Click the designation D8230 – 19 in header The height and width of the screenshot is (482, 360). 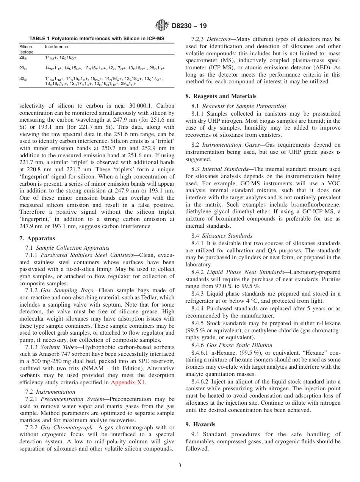[x=188, y=26]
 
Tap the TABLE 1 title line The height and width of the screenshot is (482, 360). [x=97, y=39]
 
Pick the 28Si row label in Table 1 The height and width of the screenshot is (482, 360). [x=23, y=58]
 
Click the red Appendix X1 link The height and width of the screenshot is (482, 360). [x=128, y=382]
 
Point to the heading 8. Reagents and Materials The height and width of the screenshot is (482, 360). [x=221, y=96]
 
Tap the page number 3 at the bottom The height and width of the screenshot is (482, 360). [x=180, y=466]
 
